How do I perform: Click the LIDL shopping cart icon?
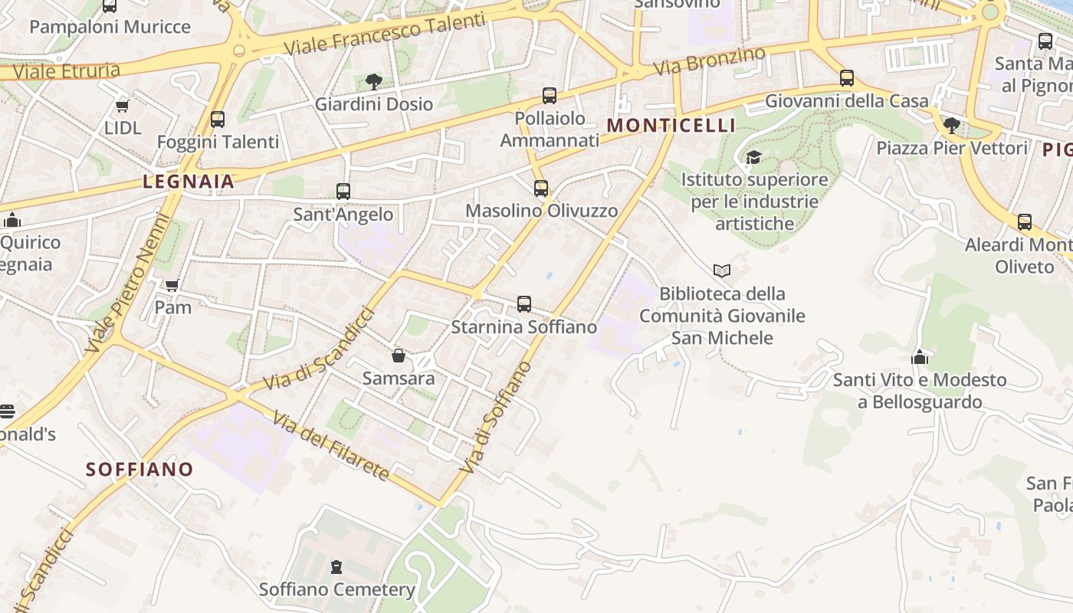[122, 106]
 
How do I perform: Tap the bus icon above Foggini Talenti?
[218, 120]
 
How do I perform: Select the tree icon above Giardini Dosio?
[374, 81]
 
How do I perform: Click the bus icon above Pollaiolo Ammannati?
[550, 96]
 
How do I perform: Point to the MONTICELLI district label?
[671, 126]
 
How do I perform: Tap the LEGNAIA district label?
[189, 182]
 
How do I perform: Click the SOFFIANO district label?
[139, 469]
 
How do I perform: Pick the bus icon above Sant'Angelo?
[343, 192]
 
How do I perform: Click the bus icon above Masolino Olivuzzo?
[541, 188]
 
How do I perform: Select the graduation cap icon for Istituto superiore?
[754, 157]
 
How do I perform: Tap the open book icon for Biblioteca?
[722, 270]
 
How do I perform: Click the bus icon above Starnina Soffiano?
[524, 304]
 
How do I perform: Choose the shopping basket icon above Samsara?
[399, 356]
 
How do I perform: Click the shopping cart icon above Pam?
[172, 285]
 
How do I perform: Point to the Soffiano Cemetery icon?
[336, 567]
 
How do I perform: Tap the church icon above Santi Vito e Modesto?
[920, 357]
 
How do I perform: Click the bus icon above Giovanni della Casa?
[847, 78]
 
